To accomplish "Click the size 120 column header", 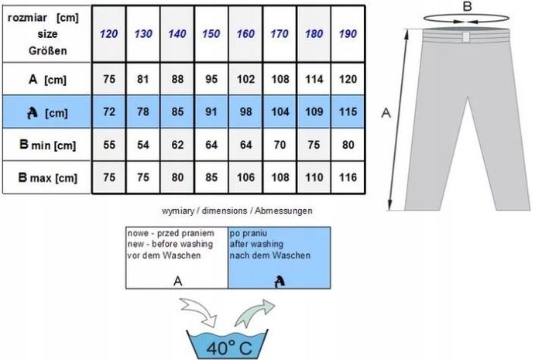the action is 109,34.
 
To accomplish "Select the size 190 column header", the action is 348,34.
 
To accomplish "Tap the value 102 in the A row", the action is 245,79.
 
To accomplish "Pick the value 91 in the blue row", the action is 211,111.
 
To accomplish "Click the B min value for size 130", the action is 143,145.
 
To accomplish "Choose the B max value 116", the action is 348,177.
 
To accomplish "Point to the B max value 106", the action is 245,177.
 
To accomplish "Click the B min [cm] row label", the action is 48,145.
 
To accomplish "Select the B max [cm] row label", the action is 48,177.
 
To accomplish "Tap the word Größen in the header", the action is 48,51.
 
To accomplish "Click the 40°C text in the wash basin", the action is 229,348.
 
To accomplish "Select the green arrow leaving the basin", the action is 254,313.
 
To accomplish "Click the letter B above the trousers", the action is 467,6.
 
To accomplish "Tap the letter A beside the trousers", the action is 386,112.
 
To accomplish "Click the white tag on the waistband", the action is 466,37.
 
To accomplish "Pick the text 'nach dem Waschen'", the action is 270,255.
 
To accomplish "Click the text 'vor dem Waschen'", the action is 164,255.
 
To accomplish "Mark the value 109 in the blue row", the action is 314,111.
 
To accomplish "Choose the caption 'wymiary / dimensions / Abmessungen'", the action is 237,211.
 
